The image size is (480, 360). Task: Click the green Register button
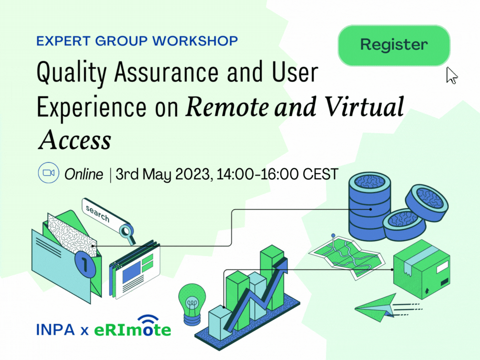(394, 45)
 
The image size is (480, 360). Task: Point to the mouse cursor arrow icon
(452, 75)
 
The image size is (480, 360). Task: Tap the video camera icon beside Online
(48, 173)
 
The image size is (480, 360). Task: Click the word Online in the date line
(84, 174)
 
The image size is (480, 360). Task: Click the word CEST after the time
(320, 174)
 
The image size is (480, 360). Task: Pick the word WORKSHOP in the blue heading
(195, 41)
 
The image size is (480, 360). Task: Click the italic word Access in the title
(75, 140)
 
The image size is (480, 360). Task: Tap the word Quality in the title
(72, 73)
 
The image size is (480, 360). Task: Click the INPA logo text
(55, 330)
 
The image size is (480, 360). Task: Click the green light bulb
(192, 304)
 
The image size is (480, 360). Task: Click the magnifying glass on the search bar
(127, 232)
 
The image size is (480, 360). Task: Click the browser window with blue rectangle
(135, 269)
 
